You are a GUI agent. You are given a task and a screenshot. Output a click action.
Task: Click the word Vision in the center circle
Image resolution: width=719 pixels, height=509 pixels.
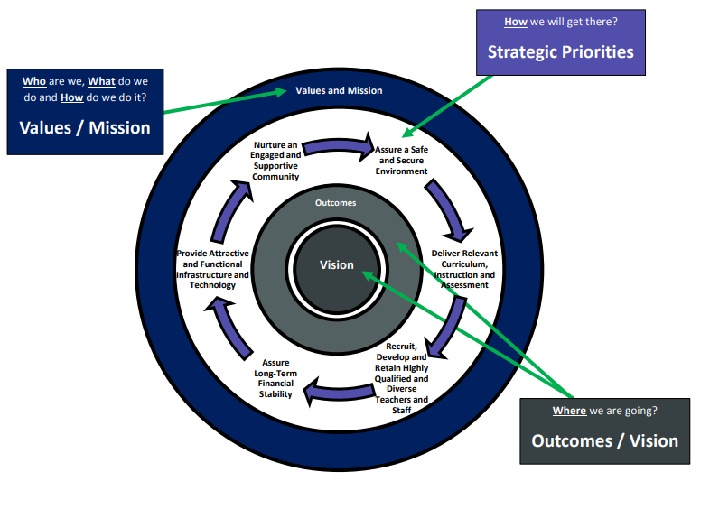pyautogui.click(x=336, y=265)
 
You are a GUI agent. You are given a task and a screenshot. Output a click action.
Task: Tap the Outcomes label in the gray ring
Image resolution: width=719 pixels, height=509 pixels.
pyautogui.click(x=335, y=203)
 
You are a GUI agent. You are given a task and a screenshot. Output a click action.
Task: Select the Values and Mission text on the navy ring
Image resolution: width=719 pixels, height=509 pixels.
pyautogui.click(x=339, y=90)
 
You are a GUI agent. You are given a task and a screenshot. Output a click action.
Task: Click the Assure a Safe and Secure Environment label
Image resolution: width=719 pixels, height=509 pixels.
pyautogui.click(x=401, y=160)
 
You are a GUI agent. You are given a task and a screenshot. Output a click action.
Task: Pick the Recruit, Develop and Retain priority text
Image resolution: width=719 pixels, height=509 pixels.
pyautogui.click(x=402, y=377)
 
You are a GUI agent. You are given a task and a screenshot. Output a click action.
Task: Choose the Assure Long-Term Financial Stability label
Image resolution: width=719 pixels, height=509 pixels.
pyautogui.click(x=275, y=378)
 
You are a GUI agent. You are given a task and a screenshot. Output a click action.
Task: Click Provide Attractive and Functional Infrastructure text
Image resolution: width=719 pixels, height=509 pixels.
pyautogui.click(x=213, y=269)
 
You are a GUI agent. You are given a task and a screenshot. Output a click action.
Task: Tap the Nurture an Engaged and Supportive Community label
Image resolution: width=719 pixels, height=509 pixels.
pyautogui.click(x=275, y=160)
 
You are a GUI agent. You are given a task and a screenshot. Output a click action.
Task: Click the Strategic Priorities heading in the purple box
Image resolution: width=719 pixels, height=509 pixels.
pyautogui.click(x=560, y=51)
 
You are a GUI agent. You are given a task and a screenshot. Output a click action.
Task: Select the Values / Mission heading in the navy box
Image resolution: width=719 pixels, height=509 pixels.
pyautogui.click(x=85, y=127)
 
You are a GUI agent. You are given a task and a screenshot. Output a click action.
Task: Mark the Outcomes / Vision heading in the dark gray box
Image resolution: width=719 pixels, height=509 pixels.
pyautogui.click(x=604, y=440)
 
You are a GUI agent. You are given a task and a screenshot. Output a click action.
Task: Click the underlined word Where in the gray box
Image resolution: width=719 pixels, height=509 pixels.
pyautogui.click(x=569, y=412)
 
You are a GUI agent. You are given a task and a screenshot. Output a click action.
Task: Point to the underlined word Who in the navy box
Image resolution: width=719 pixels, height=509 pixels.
pyautogui.click(x=34, y=81)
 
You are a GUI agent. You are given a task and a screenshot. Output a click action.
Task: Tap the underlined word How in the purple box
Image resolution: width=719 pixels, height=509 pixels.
pyautogui.click(x=516, y=21)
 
